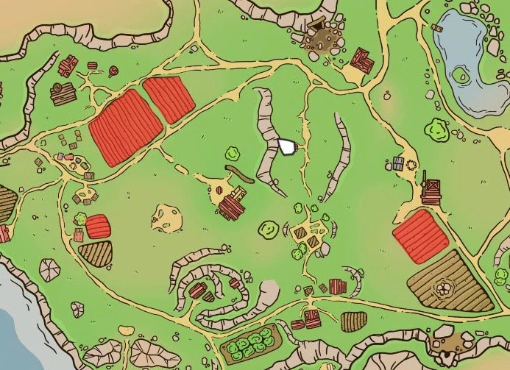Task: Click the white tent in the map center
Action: click(287, 146)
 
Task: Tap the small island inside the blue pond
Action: click(463, 74)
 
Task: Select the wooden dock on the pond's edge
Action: click(437, 28)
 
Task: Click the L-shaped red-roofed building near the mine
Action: click(361, 59)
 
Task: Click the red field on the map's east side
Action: click(420, 235)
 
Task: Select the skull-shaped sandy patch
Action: click(167, 216)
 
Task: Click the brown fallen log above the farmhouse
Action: click(238, 174)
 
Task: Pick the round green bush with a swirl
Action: click(268, 229)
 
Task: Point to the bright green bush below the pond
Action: click(437, 129)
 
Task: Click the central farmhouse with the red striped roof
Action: click(233, 204)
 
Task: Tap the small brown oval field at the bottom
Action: click(353, 321)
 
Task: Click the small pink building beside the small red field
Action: click(79, 235)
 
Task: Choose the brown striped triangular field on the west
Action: click(95, 254)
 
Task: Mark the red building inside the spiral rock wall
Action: click(197, 290)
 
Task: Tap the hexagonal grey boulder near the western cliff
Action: click(50, 270)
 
